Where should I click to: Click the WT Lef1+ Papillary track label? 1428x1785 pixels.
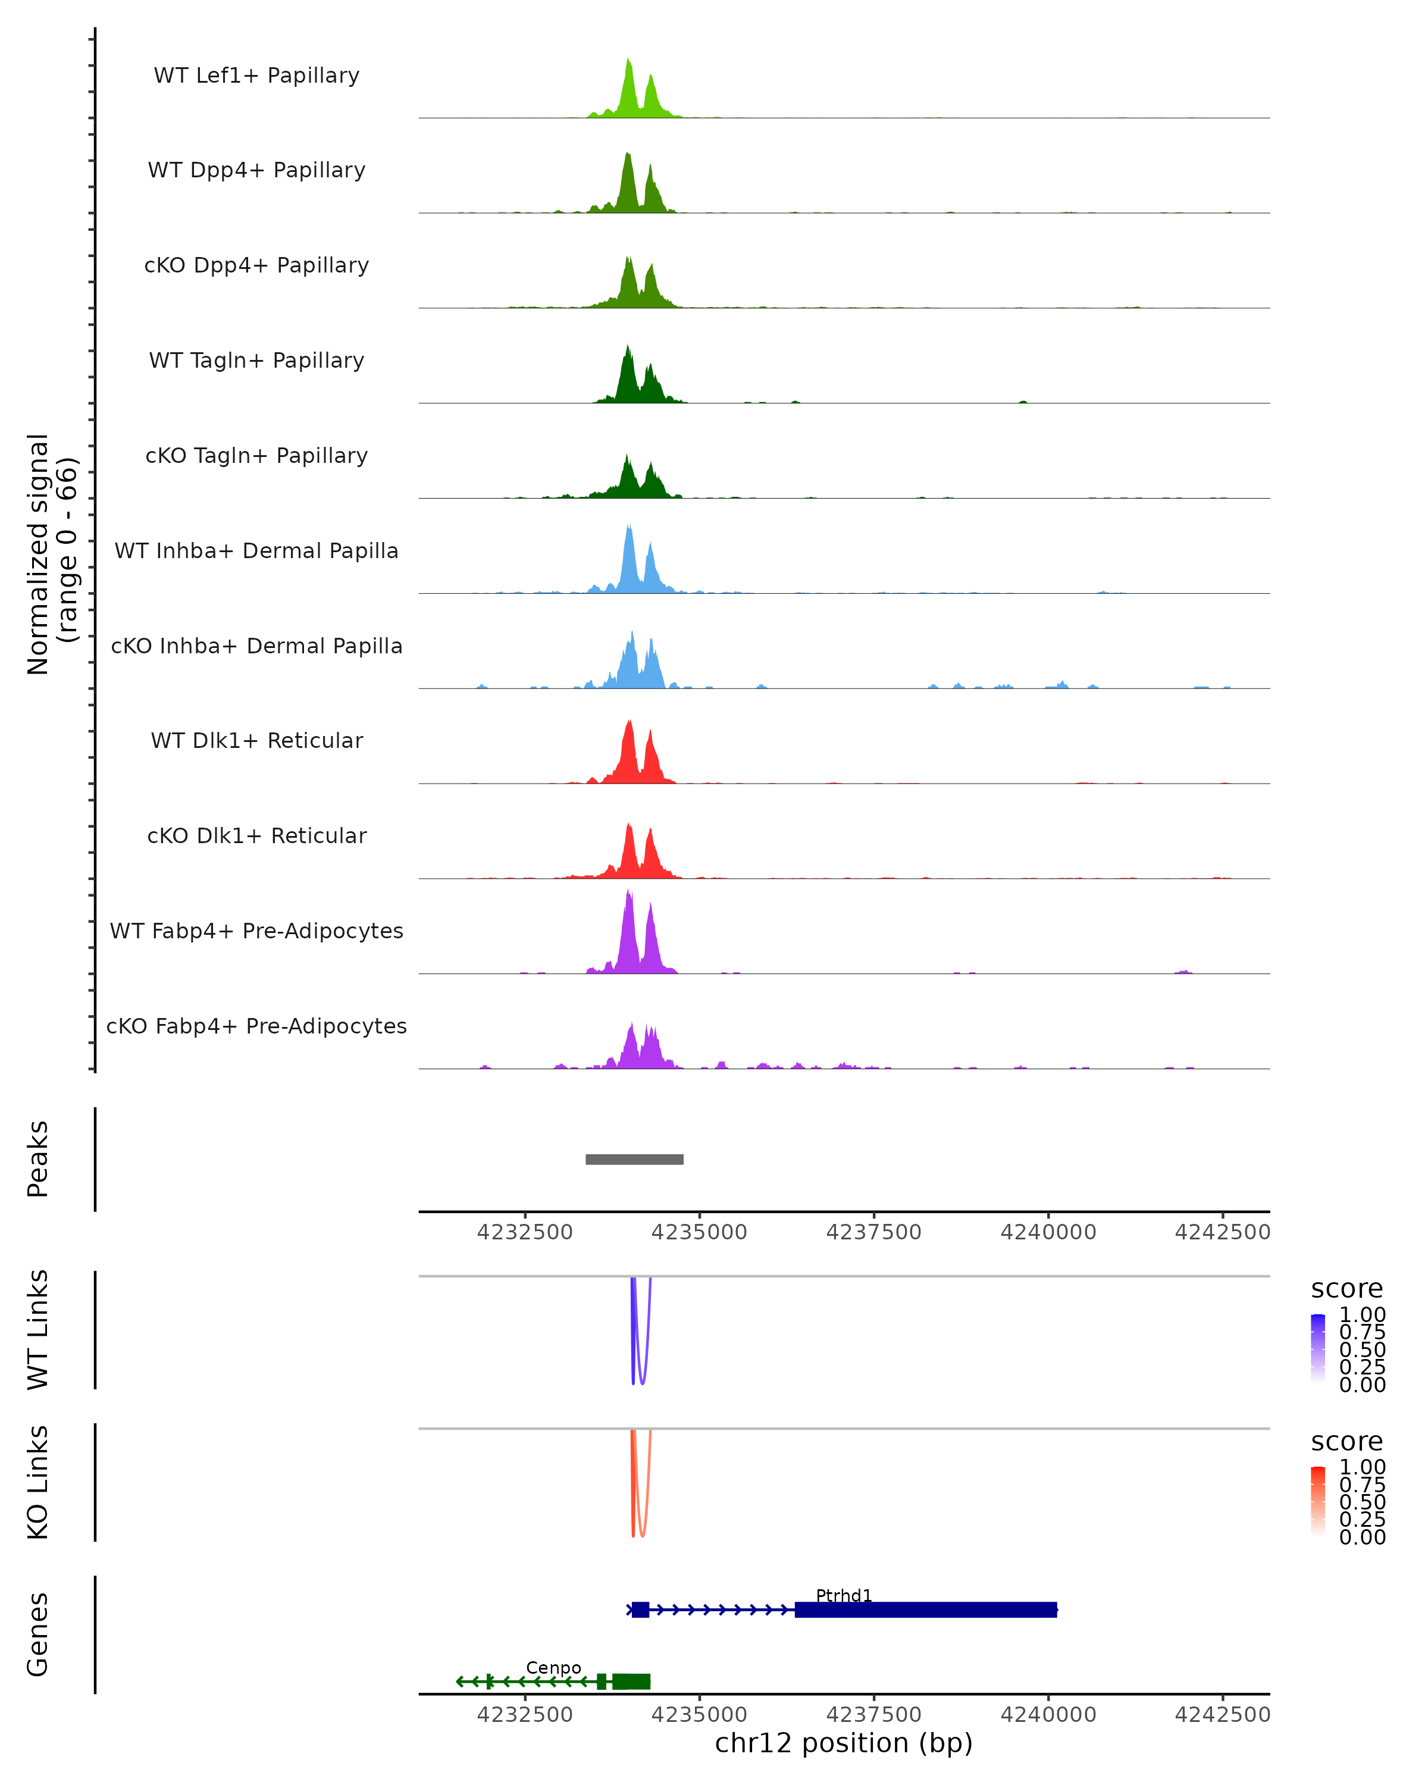point(256,76)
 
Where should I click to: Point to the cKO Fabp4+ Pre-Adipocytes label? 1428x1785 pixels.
point(256,1026)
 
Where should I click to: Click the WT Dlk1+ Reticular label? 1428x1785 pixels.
point(256,740)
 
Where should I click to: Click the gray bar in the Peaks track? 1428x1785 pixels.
point(634,1159)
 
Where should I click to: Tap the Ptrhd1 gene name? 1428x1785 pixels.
point(844,1595)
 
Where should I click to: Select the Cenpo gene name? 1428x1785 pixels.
point(553,1667)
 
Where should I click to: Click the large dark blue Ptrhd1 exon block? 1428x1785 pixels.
point(925,1609)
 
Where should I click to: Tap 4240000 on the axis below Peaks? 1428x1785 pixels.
point(1048,1232)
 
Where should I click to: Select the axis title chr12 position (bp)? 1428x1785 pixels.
point(844,1743)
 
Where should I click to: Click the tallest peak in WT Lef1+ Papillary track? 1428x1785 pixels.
point(628,62)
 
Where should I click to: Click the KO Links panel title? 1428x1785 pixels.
point(38,1482)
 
